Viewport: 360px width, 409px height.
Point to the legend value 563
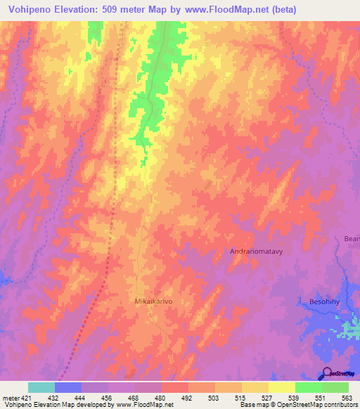(x=346, y=397)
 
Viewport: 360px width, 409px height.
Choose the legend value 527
(x=266, y=397)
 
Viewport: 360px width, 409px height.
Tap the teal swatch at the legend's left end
(x=41, y=387)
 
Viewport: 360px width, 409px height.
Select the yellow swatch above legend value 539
(x=281, y=387)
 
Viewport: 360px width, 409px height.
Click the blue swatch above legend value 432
(x=68, y=387)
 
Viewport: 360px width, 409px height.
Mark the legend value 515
(x=240, y=397)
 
